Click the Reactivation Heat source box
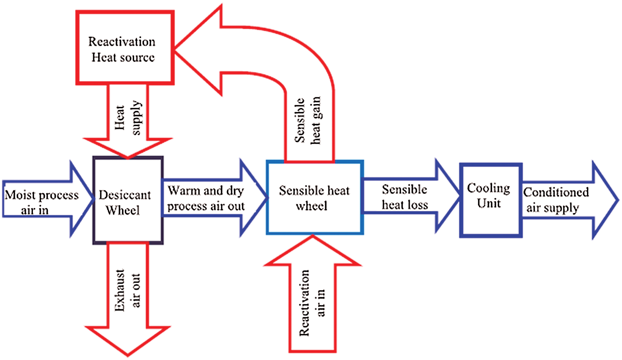[x=124, y=48]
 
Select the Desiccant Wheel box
[x=128, y=200]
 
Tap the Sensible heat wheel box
[x=315, y=197]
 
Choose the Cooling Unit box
[x=490, y=200]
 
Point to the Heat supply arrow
[x=128, y=121]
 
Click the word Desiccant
[x=124, y=195]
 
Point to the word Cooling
[x=488, y=188]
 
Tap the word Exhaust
[x=120, y=290]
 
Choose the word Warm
[x=184, y=191]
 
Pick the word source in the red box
[x=137, y=57]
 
